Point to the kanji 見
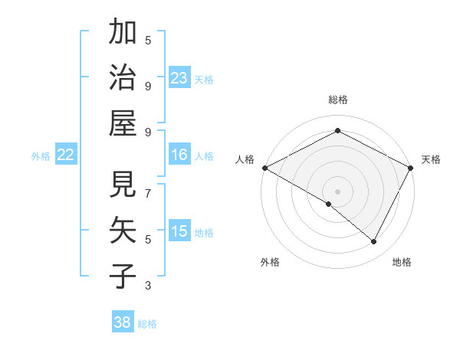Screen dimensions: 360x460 point(123,185)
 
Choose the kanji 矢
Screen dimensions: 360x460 point(123,229)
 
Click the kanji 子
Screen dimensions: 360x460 point(123,274)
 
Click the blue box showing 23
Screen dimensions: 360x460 point(179,77)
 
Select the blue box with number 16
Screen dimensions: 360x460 point(179,155)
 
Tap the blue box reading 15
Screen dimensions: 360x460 point(179,231)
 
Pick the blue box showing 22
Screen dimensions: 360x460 point(65,155)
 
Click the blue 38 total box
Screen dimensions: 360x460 point(123,322)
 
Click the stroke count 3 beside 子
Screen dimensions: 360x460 point(148,285)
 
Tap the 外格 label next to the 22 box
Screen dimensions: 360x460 point(41,155)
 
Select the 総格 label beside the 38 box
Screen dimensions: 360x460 point(147,323)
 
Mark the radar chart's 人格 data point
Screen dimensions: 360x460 point(264,168)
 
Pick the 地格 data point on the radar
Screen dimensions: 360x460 point(374,242)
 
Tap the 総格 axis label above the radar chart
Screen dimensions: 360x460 point(338,100)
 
